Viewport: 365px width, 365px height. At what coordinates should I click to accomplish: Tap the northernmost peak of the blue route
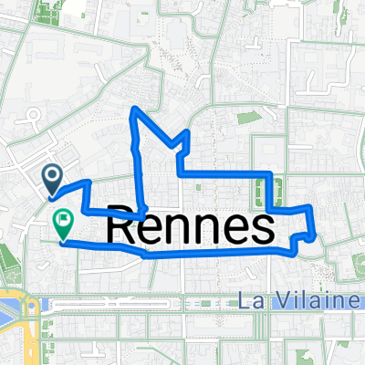(x=137, y=109)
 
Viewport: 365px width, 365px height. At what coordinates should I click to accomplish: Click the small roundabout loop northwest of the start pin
(x=35, y=117)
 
